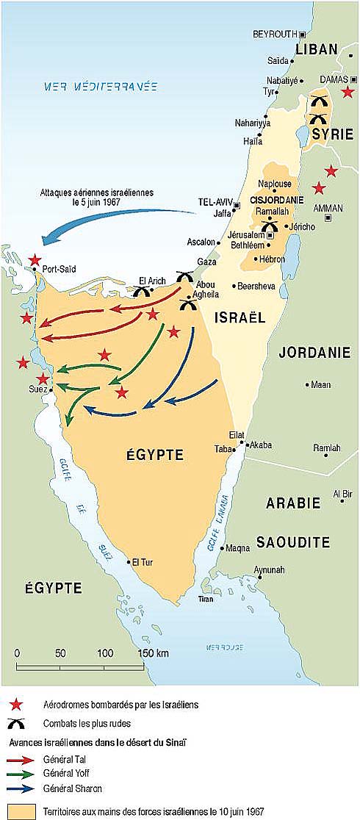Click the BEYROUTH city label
click(274, 34)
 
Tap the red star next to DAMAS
click(348, 92)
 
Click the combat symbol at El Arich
click(142, 292)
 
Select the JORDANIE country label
click(314, 353)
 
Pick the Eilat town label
click(237, 435)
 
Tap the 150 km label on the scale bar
click(153, 653)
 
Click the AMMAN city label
click(328, 208)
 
